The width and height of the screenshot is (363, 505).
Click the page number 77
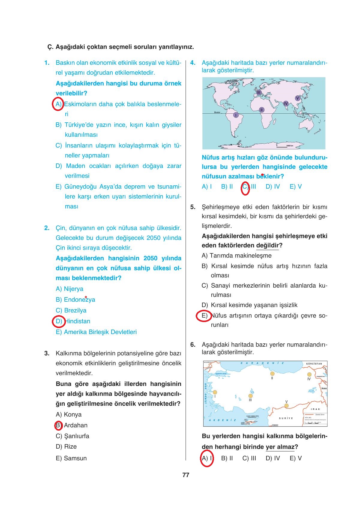coord(186,475)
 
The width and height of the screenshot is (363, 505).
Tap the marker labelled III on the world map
coord(259,92)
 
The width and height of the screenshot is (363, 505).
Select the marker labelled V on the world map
coord(297,98)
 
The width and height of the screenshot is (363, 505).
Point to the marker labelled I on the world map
coord(236,115)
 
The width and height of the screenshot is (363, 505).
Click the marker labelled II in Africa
coord(261,110)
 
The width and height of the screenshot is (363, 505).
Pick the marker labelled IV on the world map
coord(286,103)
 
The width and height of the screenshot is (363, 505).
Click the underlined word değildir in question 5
coord(267,245)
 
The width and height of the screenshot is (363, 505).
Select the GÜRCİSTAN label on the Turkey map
coord(314,364)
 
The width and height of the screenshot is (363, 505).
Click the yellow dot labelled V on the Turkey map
coord(286,406)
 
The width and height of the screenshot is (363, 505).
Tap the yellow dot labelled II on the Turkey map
coord(272,374)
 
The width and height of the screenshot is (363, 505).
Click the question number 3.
coord(47,353)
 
